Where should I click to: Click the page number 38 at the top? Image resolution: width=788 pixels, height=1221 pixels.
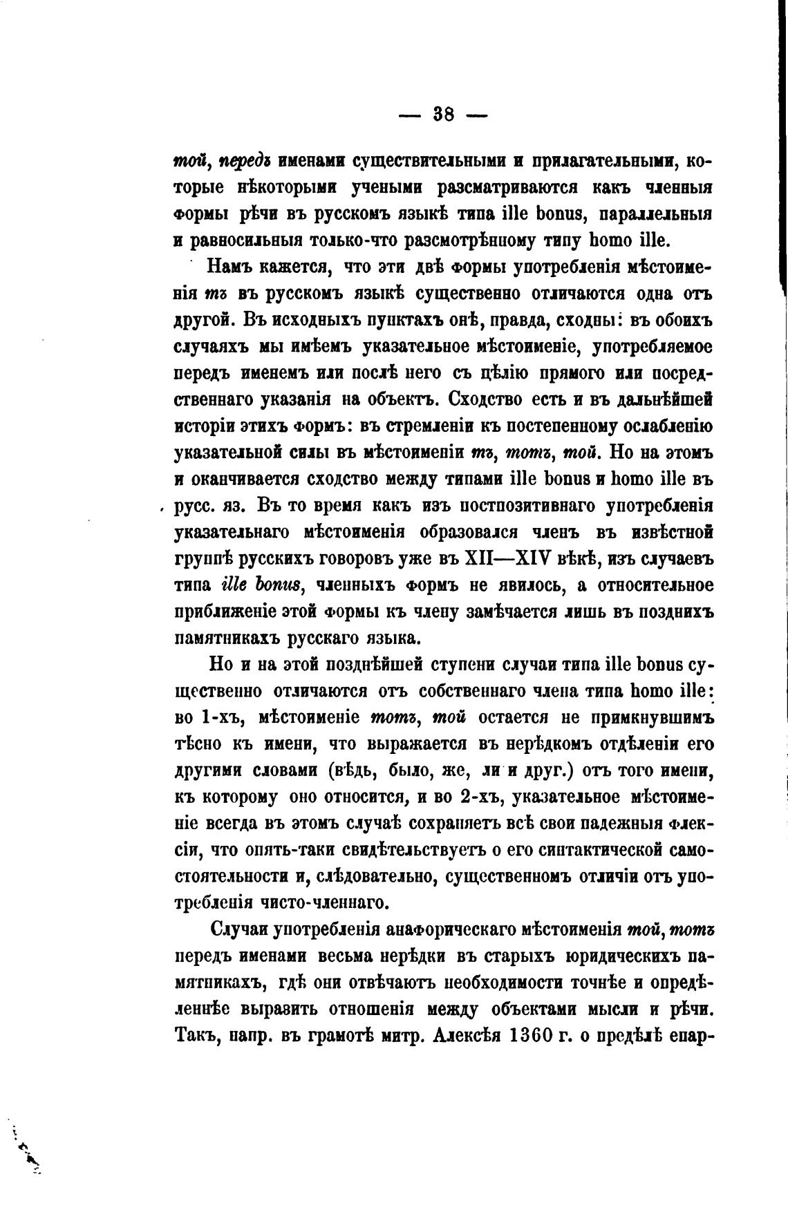(x=443, y=114)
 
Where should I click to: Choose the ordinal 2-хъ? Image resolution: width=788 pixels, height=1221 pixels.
(x=478, y=797)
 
